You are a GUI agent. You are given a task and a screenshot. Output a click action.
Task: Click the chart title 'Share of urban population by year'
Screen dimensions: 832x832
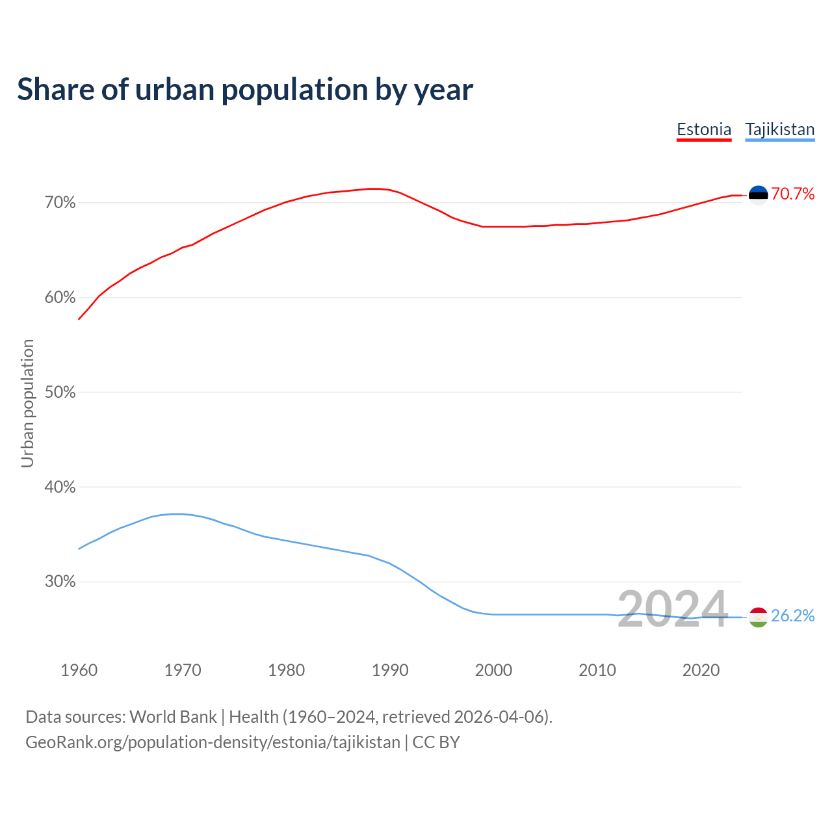point(245,90)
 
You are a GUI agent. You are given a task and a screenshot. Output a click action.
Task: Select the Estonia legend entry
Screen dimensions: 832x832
point(704,129)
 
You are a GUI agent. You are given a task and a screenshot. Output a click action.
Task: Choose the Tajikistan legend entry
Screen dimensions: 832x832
point(779,129)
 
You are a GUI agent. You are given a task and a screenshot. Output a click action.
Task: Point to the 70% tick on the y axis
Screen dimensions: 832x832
point(60,203)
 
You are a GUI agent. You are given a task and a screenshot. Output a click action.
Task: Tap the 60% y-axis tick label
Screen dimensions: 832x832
point(60,298)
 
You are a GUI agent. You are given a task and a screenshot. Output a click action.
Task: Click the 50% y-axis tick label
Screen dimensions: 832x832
point(60,393)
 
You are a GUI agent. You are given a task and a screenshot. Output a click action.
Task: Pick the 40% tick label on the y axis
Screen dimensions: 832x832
point(60,487)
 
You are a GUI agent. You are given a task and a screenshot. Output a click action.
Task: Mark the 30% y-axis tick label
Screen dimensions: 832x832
point(60,582)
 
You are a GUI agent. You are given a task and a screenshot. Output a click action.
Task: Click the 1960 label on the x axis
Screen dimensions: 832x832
point(79,670)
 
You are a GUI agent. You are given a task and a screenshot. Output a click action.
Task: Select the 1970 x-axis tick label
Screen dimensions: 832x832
point(183,670)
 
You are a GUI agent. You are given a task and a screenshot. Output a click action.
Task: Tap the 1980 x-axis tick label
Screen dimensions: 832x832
point(286,670)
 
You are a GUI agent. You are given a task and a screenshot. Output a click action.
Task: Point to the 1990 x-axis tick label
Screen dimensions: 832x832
point(390,670)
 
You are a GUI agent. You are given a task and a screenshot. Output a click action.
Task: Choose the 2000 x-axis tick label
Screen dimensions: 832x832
point(493,670)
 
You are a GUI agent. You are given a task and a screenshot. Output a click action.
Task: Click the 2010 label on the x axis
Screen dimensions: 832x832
point(597,670)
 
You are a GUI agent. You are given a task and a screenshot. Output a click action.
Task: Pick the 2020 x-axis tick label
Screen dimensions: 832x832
point(701,670)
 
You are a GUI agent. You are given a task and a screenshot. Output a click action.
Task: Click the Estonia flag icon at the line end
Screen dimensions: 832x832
point(759,195)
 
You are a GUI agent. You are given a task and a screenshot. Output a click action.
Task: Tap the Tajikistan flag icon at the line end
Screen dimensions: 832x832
point(759,617)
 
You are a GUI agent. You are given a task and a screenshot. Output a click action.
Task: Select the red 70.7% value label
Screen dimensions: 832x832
point(792,194)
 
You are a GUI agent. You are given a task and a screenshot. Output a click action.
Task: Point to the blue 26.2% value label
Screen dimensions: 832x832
point(792,616)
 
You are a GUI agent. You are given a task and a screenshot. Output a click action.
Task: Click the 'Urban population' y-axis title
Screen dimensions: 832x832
point(27,403)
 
